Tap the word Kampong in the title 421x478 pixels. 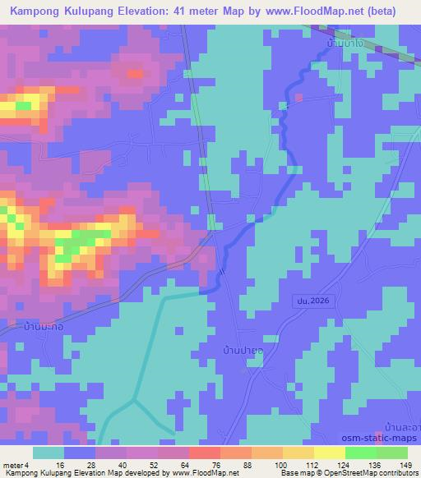(x=36, y=11)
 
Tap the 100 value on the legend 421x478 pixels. (x=282, y=464)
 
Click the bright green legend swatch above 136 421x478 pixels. (x=360, y=453)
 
